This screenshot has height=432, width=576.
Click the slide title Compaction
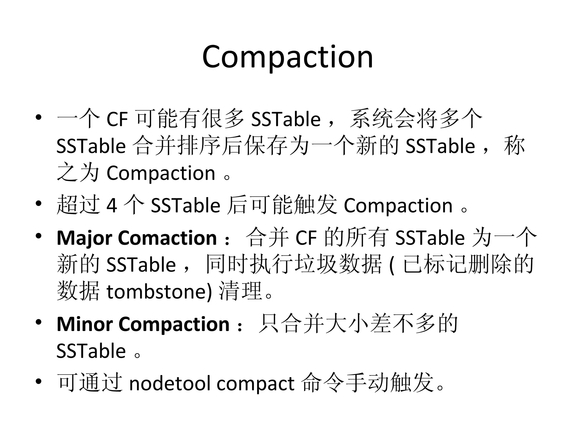tap(287, 57)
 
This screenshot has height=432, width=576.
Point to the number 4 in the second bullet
tap(112, 205)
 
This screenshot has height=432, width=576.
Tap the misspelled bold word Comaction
tap(167, 238)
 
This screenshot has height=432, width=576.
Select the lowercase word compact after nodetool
tap(255, 384)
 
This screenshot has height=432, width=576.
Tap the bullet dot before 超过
tap(39, 203)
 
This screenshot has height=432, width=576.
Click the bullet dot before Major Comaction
tap(39, 236)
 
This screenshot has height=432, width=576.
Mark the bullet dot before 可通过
tap(39, 381)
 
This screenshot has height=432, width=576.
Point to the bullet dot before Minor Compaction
tap(39, 322)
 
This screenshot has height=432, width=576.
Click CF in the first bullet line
tap(117, 119)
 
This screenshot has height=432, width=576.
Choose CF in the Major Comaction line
tap(306, 238)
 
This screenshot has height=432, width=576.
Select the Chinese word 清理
tap(241, 291)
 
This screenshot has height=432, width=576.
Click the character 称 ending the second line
tap(514, 146)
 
